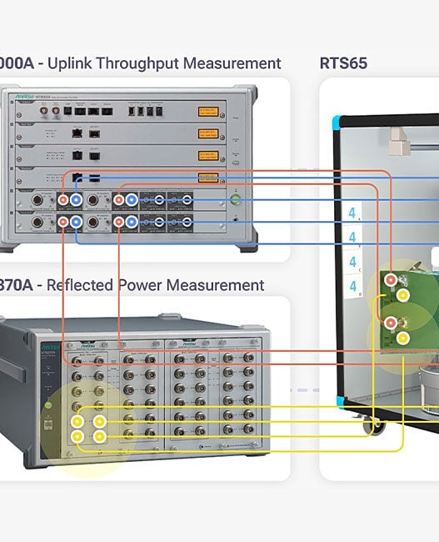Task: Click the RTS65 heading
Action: (x=343, y=63)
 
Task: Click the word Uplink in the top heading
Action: (x=76, y=63)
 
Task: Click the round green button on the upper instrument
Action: (x=235, y=199)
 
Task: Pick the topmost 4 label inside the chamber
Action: (x=353, y=213)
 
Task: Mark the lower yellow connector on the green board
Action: (x=403, y=338)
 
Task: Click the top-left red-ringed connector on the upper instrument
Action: (x=62, y=200)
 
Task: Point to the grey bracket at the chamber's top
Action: (x=399, y=143)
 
